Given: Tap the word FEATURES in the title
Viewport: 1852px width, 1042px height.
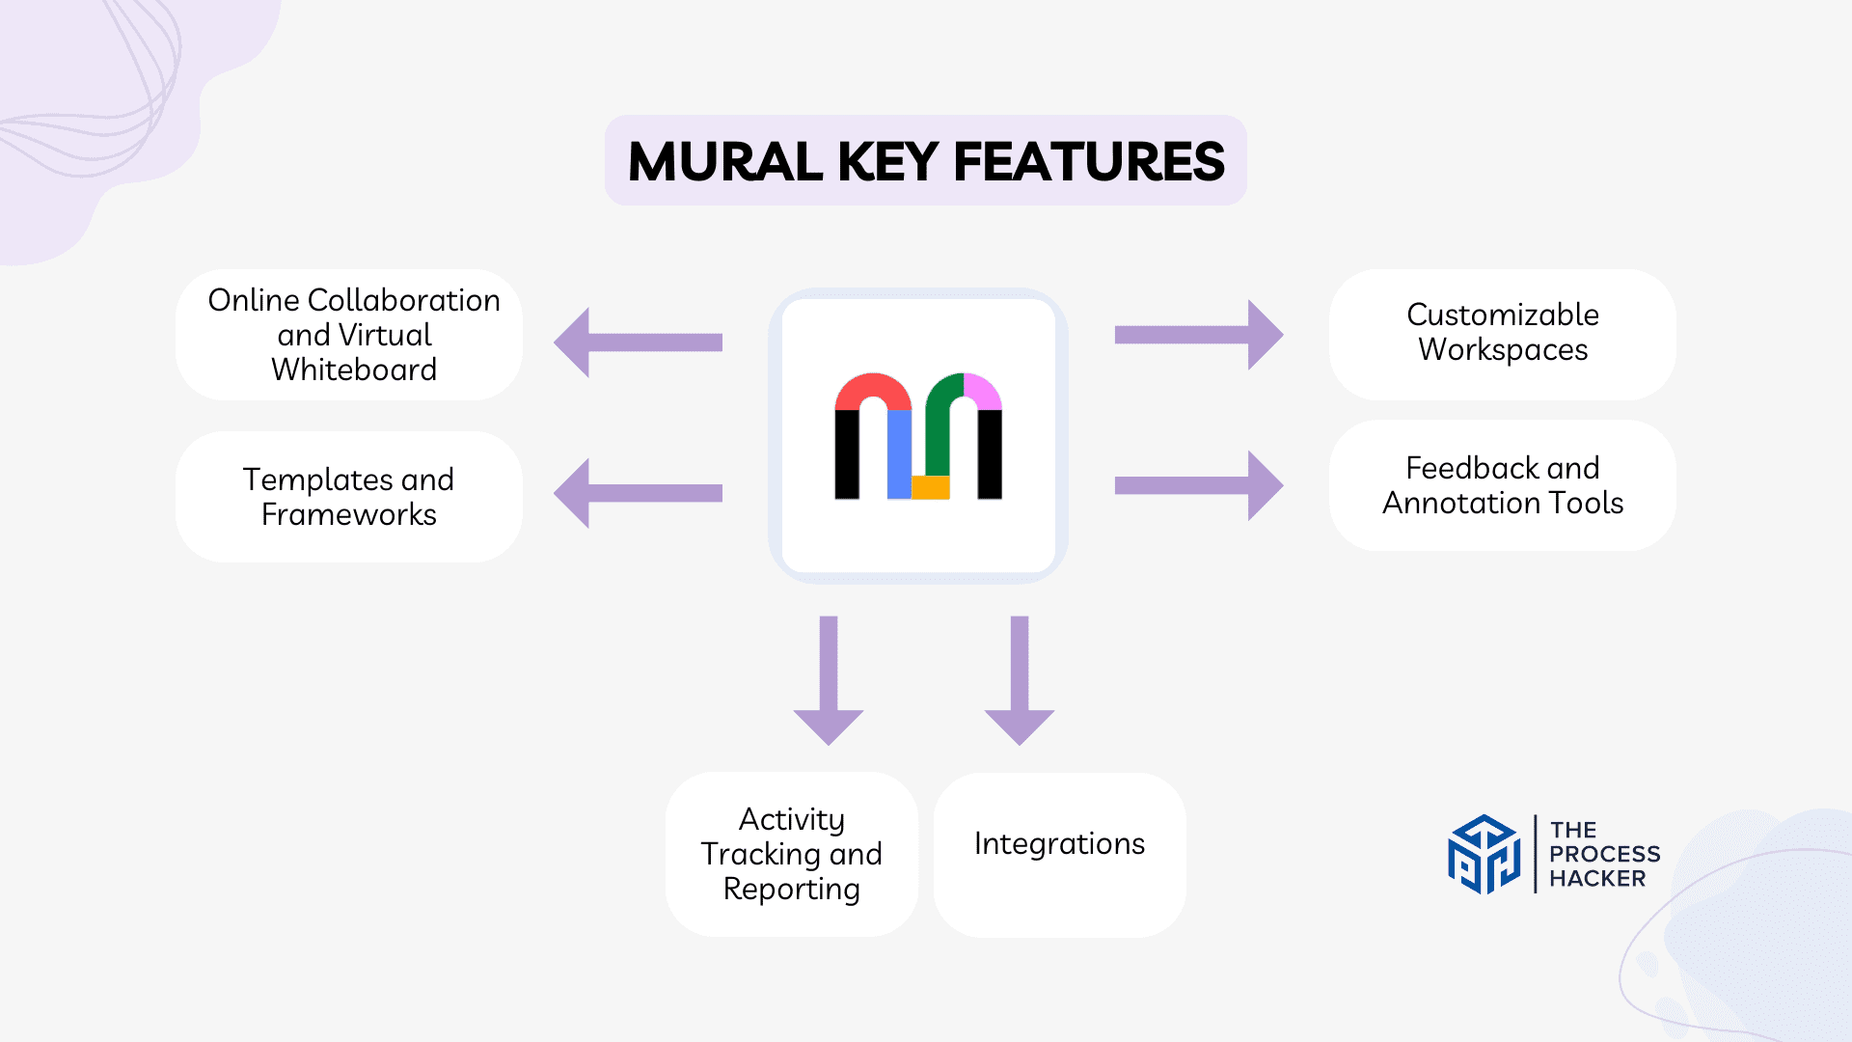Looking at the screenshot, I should tap(1089, 162).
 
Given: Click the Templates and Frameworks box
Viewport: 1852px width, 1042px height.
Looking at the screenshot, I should tap(349, 497).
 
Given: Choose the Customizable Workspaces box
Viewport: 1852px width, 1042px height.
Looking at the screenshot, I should tap(1502, 333).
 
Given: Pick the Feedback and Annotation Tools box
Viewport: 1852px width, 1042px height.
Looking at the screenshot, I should tap(1502, 485).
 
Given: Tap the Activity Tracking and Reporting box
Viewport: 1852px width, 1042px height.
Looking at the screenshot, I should tap(791, 854).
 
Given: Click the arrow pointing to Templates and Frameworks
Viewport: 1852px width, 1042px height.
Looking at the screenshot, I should tap(637, 493).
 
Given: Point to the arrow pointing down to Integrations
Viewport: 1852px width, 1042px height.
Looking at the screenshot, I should tap(1020, 680).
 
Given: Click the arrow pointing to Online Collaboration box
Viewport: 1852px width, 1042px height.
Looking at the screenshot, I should tap(637, 343).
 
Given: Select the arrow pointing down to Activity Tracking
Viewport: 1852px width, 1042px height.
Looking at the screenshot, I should tap(829, 680).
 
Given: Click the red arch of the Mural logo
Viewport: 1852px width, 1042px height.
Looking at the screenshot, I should tap(873, 388).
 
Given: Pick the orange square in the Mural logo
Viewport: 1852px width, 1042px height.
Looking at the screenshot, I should tap(931, 487).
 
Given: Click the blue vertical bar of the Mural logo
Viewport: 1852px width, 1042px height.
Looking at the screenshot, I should tap(899, 453).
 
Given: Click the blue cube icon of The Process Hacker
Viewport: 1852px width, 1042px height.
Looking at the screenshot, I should tap(1484, 854).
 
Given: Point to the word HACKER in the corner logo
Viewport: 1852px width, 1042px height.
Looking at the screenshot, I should tap(1597, 879).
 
